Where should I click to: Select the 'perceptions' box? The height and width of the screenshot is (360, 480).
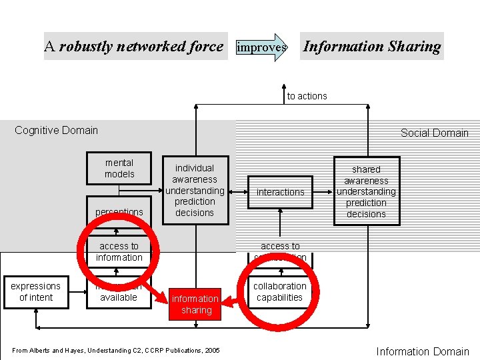click(x=119, y=211)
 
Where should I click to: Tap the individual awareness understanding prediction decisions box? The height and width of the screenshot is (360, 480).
click(x=195, y=190)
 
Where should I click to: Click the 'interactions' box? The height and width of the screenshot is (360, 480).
click(x=280, y=192)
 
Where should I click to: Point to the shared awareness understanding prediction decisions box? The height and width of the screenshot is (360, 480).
click(x=366, y=191)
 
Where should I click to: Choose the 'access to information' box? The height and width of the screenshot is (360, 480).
click(x=119, y=252)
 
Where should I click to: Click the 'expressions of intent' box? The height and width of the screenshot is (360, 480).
click(x=35, y=292)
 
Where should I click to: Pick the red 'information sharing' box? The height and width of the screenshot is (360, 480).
click(x=195, y=304)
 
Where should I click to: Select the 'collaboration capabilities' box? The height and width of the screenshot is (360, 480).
click(x=280, y=292)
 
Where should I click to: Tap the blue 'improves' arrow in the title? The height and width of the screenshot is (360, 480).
click(x=261, y=47)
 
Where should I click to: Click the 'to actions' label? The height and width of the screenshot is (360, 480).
click(x=307, y=96)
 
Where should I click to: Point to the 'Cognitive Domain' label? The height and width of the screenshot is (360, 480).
click(x=56, y=130)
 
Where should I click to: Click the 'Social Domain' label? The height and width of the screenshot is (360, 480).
click(x=434, y=133)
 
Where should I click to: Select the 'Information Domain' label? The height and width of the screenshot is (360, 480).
click(x=423, y=351)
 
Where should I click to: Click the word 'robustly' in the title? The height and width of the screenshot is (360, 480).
click(x=87, y=47)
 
